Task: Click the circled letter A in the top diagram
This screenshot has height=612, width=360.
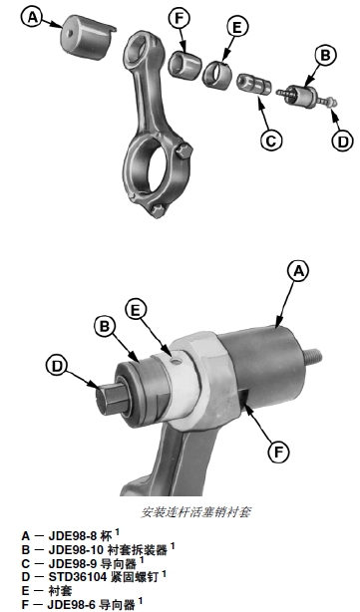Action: pos(33,18)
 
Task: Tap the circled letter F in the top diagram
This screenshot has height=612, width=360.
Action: pos(180,18)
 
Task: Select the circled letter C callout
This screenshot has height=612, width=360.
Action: pos(271,140)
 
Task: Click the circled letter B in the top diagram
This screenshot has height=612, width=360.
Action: pos(325,56)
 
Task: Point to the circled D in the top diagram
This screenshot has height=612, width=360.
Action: pos(342,141)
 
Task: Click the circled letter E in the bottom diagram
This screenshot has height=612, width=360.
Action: pos(136,310)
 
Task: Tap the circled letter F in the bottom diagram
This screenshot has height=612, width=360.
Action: pos(278,452)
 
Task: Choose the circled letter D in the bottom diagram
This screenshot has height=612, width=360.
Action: pos(57,366)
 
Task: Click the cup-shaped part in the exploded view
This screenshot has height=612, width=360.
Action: pos(87,37)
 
